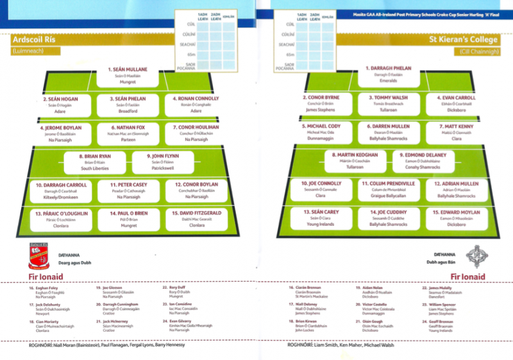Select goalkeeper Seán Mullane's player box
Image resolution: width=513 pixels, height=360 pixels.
click(x=128, y=76)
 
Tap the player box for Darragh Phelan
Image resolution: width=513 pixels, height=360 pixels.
click(x=388, y=74)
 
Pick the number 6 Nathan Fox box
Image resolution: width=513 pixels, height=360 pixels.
click(x=128, y=134)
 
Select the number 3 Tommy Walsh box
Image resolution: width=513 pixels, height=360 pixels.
click(x=388, y=103)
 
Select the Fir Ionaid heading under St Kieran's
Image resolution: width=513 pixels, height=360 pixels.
click(x=467, y=277)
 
